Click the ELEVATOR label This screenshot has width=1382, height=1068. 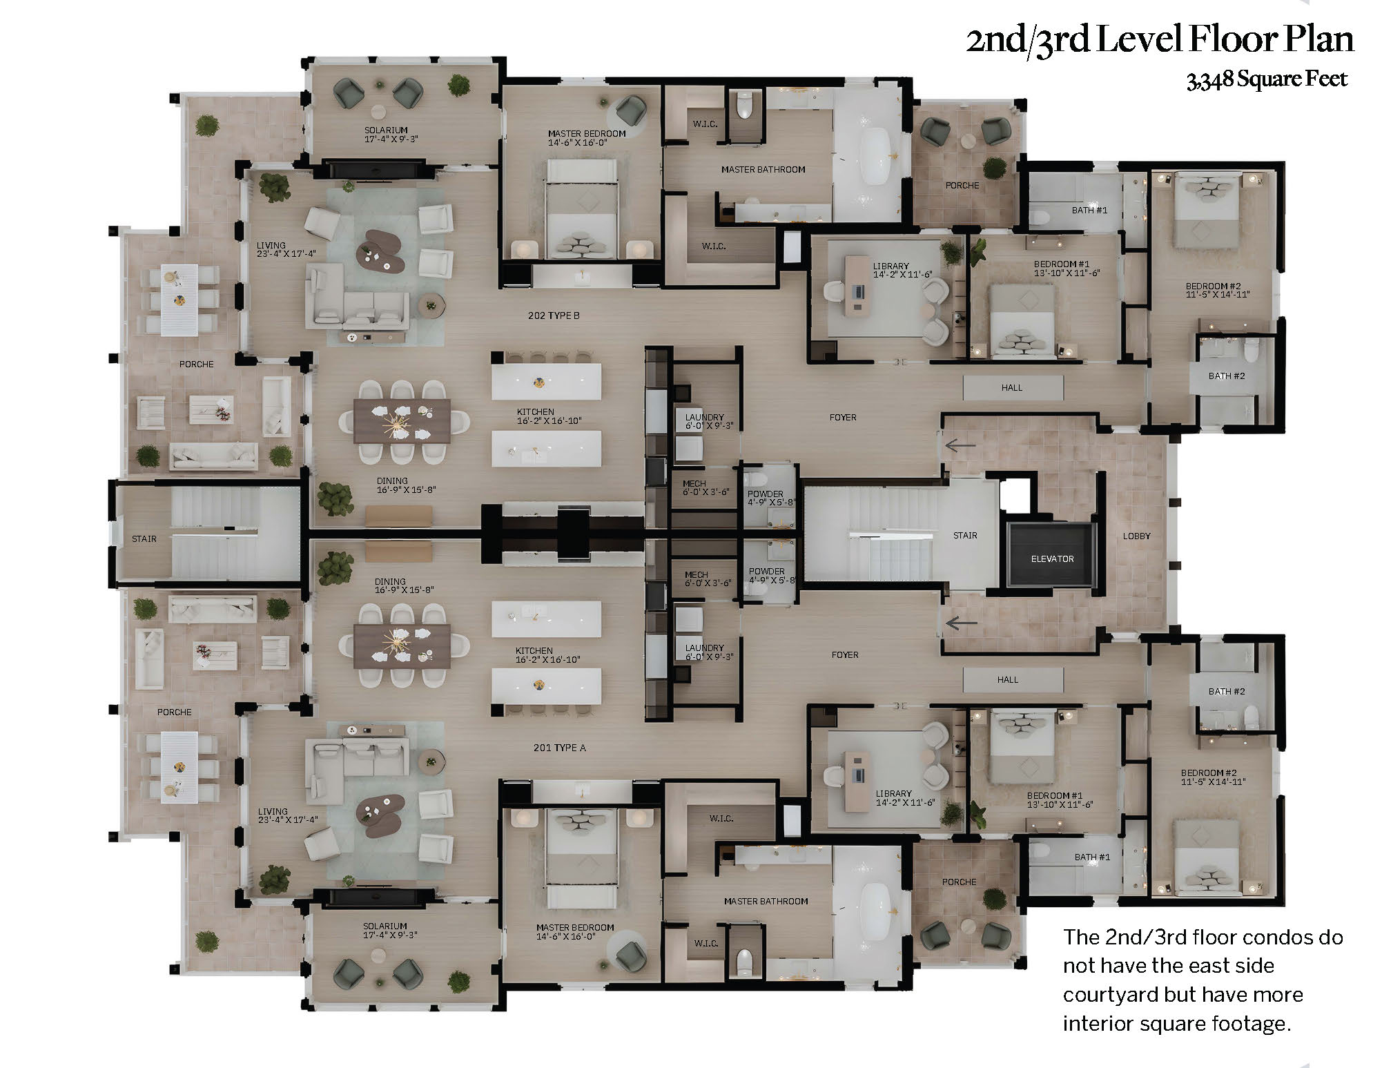1052,559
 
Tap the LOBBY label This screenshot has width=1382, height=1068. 1136,536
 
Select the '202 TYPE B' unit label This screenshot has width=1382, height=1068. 554,315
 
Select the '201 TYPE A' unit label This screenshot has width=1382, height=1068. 559,748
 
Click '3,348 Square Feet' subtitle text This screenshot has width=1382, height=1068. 1267,79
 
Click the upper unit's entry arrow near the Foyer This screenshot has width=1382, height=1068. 960,445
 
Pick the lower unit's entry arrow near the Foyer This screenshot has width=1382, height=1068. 960,623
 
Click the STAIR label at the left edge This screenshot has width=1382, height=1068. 144,538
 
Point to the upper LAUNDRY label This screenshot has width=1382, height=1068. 704,417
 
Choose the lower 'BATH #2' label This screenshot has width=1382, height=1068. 1227,691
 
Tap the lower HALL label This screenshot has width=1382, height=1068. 1008,680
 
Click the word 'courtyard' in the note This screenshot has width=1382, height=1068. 1110,994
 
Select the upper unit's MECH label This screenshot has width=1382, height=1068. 694,483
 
